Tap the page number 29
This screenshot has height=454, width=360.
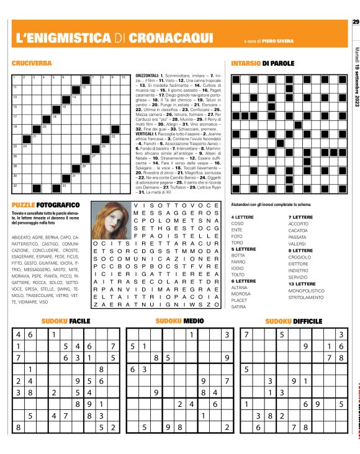356,23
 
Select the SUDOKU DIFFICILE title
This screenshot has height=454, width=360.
294,321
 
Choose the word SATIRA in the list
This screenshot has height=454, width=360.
238,306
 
